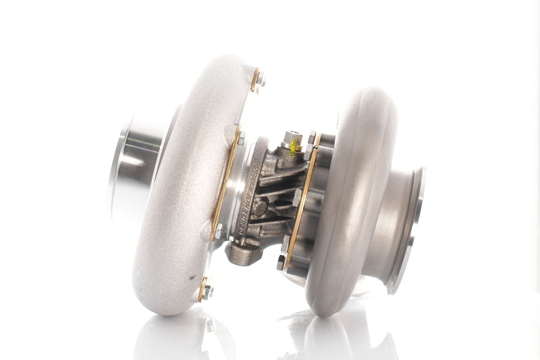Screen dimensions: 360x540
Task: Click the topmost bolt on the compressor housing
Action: click(260, 80)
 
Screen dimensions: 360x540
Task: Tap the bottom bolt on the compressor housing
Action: click(207, 291)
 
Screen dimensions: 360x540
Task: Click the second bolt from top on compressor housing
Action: click(240, 138)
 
